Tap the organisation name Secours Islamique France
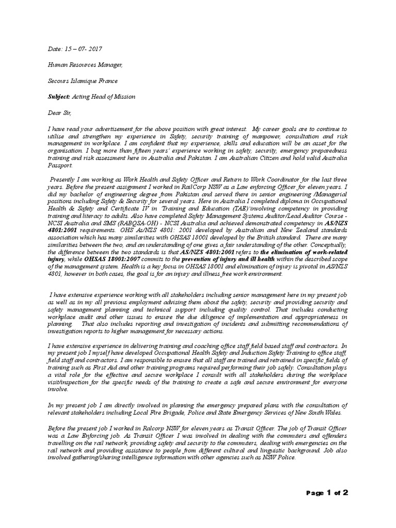[x=82, y=81]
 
